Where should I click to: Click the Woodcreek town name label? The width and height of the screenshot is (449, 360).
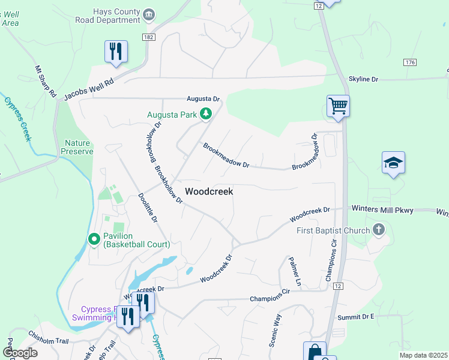point(209,191)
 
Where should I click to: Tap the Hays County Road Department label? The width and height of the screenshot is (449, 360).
point(116,15)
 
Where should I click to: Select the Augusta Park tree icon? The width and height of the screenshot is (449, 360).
point(206,113)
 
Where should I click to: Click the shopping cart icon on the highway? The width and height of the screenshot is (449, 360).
point(338,106)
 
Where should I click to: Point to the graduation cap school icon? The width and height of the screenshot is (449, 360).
point(393,163)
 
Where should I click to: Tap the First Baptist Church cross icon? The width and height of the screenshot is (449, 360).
point(378,229)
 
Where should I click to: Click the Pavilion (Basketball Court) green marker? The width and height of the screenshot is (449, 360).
point(94,239)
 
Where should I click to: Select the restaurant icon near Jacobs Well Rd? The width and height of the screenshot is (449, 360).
point(116,51)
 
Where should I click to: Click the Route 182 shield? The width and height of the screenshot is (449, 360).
point(149,37)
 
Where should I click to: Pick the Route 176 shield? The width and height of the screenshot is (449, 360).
point(410,62)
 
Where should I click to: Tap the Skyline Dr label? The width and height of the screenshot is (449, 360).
point(364,79)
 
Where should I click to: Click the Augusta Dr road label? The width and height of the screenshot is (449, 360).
point(203,98)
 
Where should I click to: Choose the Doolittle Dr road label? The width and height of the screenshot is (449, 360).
point(148,208)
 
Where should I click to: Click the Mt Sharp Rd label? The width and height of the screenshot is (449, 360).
point(45,82)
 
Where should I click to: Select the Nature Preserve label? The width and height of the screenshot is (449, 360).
point(77,147)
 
